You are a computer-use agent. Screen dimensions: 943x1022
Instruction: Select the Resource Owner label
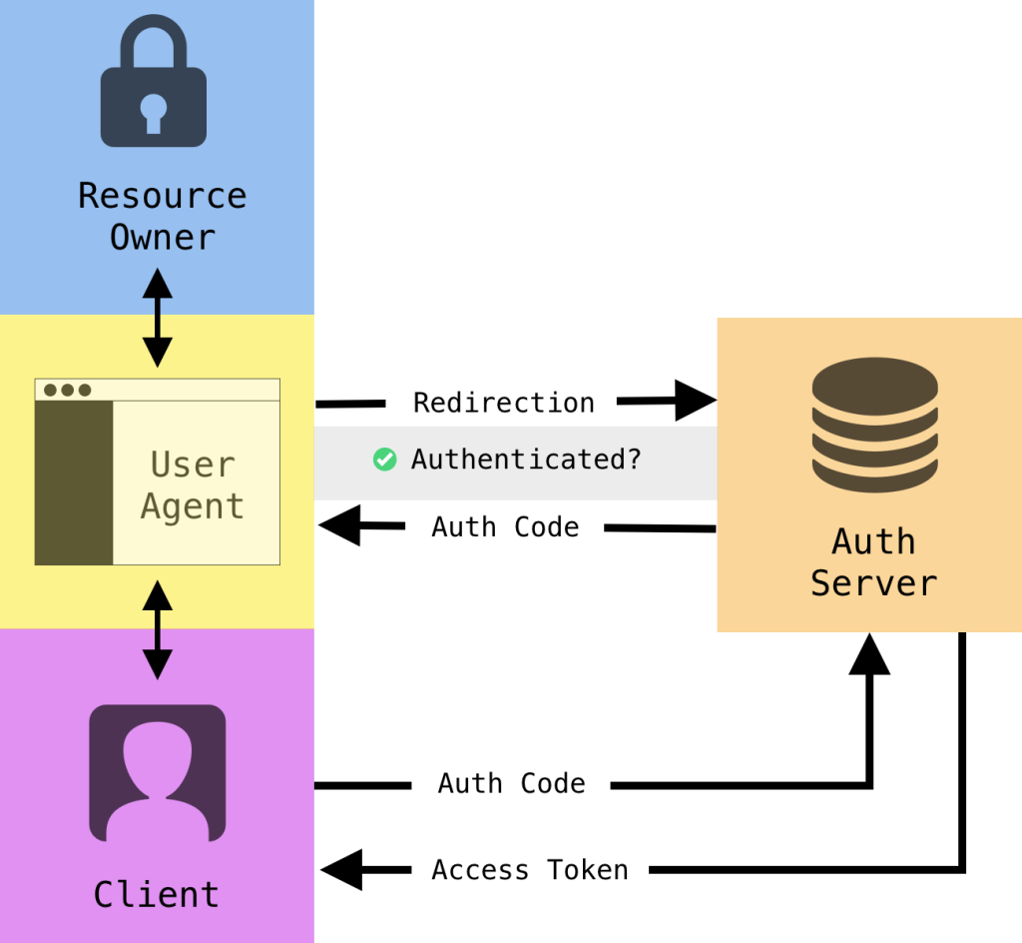[162, 216]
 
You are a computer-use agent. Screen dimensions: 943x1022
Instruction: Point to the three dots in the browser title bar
[67, 390]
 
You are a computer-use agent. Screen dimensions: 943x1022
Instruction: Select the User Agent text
[193, 485]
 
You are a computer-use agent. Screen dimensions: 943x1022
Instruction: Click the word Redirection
[503, 403]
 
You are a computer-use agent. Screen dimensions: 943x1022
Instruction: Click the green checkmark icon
[384, 460]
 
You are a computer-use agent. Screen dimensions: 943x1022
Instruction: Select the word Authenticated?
[526, 460]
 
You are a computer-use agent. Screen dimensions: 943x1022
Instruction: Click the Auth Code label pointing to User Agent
[505, 526]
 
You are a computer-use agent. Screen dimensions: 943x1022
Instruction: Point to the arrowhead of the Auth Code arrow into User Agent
[340, 525]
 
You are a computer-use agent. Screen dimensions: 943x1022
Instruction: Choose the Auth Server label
[873, 561]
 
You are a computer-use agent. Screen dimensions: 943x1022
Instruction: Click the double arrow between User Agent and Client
[157, 629]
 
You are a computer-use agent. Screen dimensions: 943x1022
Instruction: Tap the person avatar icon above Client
[158, 772]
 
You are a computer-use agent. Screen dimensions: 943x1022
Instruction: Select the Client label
[156, 894]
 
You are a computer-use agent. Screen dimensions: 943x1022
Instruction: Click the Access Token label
[530, 870]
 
